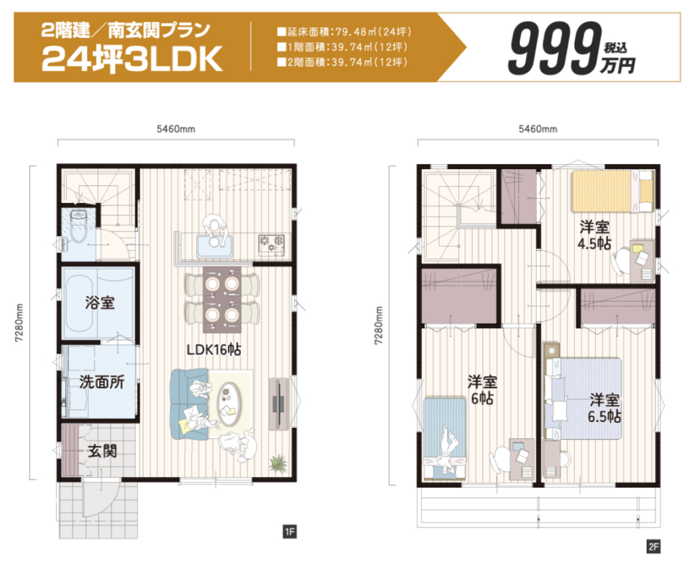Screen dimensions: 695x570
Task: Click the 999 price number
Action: point(555,50)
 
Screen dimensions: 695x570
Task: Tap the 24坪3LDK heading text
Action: point(132,60)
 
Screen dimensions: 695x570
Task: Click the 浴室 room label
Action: point(100,303)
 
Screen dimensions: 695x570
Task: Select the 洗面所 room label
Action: point(102,381)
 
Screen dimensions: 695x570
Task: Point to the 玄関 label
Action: point(102,451)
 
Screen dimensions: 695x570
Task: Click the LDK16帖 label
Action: point(214,349)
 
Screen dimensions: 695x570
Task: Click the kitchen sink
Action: point(214,246)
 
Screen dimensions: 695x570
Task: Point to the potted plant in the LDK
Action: point(279,463)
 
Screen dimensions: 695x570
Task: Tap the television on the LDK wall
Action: point(278,404)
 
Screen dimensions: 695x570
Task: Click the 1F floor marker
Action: point(289,531)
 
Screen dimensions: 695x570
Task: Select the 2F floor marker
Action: point(654,546)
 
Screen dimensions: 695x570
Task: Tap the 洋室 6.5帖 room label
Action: point(604,408)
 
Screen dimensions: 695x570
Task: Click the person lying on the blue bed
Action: point(449,449)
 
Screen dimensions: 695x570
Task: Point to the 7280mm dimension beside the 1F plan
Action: point(18,323)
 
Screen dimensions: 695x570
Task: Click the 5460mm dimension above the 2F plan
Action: point(538,129)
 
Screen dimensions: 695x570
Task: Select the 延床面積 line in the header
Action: point(344,32)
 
